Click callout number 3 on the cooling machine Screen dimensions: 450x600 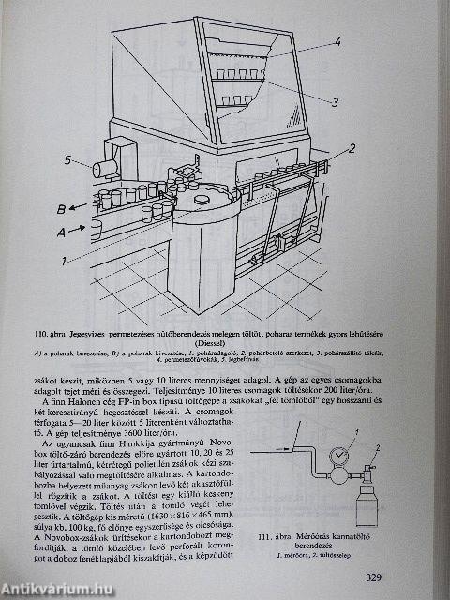tap(335, 101)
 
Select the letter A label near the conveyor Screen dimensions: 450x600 tap(62, 230)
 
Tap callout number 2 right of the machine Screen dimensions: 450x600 tap(353, 148)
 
